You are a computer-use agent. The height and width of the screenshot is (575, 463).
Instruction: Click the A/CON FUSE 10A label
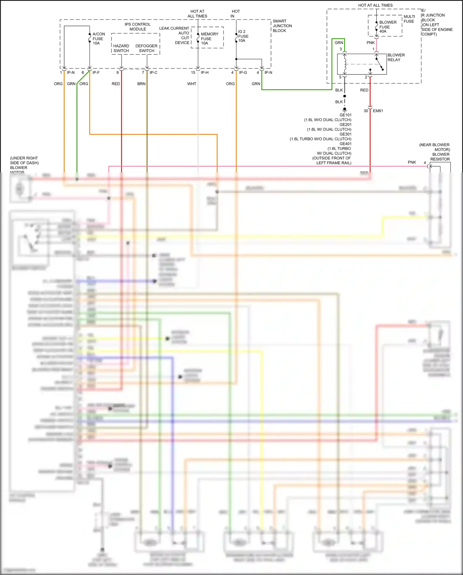click(98, 39)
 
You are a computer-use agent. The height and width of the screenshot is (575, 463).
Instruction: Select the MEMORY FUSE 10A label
click(209, 39)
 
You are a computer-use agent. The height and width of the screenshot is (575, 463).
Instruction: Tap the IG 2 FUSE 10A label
click(243, 36)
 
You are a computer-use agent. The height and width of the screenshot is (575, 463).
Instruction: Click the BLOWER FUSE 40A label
click(387, 27)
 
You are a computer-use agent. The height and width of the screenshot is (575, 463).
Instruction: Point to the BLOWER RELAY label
click(396, 57)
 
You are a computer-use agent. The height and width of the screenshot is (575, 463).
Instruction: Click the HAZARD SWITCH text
click(121, 48)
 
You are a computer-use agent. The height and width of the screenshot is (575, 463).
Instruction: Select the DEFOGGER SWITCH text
click(146, 48)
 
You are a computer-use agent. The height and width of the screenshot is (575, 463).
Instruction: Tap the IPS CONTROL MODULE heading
click(138, 27)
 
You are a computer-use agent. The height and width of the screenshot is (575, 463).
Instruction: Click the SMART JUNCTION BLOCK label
click(282, 26)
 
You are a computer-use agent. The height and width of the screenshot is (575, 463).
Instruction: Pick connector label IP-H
click(205, 73)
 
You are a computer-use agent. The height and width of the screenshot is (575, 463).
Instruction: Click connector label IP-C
click(153, 73)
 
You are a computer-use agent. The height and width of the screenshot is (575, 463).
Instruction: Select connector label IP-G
click(243, 73)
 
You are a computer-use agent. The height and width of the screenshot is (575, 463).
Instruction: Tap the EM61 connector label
click(378, 111)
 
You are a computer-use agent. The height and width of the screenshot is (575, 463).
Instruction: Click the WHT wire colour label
click(192, 84)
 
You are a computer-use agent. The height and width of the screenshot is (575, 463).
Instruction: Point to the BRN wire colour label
click(141, 84)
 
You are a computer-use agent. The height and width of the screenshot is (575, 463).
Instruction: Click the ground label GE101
click(345, 115)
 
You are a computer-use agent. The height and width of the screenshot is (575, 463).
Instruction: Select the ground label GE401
click(345, 144)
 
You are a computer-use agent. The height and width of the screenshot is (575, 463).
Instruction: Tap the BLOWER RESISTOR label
click(440, 157)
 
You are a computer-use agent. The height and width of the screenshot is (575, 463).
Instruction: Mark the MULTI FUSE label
click(409, 19)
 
